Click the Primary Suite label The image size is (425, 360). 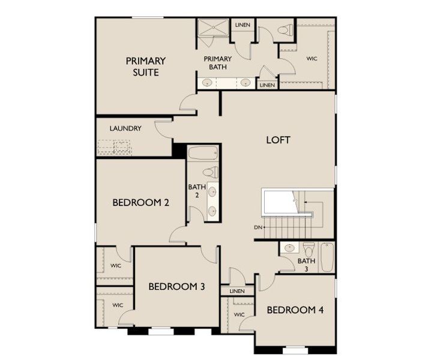(142, 67)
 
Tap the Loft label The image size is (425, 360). (278, 140)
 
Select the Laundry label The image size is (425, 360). (125, 128)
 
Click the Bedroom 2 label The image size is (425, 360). (140, 203)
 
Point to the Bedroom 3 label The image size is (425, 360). (177, 287)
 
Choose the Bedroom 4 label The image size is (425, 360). (295, 310)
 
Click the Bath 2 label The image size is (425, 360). (197, 191)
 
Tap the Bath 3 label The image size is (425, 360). (306, 265)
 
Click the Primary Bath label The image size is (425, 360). (217, 62)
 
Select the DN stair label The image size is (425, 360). (258, 227)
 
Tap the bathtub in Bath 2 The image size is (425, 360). (203, 153)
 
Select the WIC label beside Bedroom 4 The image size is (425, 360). (239, 314)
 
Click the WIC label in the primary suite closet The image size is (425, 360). (312, 59)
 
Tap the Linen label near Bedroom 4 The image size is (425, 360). (237, 292)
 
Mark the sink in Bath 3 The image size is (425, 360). (289, 247)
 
